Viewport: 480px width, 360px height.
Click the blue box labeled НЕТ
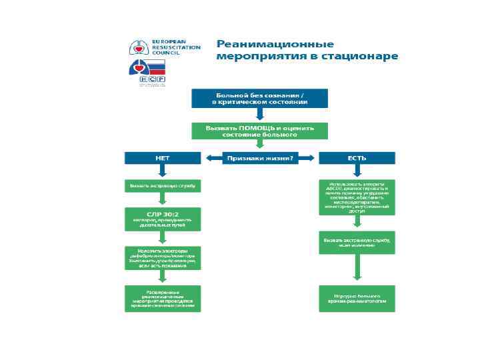coord(163,158)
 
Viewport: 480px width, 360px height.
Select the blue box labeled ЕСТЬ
coord(357,158)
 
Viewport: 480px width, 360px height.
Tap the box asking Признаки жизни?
coord(260,158)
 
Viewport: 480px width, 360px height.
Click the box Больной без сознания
coord(259,98)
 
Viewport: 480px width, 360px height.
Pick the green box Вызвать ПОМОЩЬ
coord(259,130)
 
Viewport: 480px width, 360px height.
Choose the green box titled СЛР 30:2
coord(163,219)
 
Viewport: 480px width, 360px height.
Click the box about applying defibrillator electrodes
coord(163,258)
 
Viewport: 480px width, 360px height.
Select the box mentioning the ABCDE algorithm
coord(357,197)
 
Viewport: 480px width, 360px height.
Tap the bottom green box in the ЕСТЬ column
coord(357,298)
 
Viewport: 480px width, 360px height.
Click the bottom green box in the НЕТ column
coord(163,298)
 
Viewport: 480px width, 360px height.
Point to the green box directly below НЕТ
coord(163,185)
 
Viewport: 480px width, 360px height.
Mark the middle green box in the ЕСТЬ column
coord(357,242)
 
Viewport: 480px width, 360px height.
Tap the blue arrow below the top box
coord(259,114)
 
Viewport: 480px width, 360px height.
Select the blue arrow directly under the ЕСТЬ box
coord(357,171)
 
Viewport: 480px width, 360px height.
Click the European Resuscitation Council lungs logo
coord(139,47)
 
